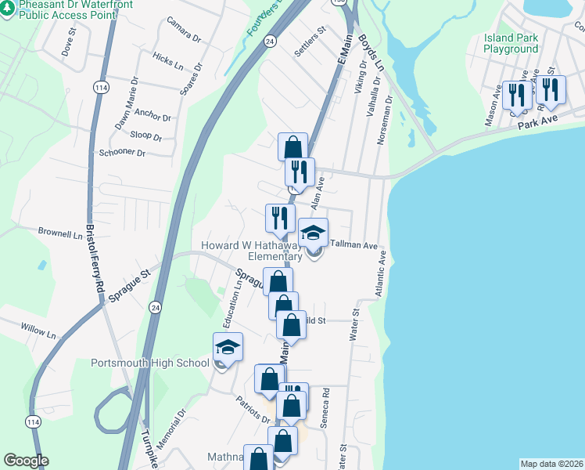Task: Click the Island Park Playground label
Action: [x=511, y=43]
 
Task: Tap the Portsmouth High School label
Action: [x=150, y=363]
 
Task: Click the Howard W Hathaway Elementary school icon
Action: [x=314, y=233]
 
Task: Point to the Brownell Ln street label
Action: [x=59, y=233]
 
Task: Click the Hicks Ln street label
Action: [x=168, y=59]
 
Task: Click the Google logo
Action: [x=26, y=461]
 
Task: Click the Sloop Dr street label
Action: [x=146, y=136]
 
